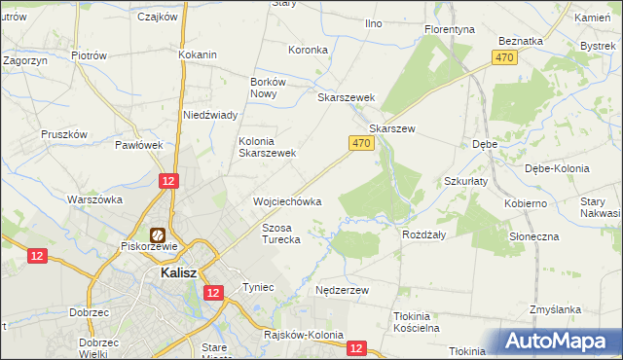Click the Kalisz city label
pos(178,273)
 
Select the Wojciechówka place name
pos(287,201)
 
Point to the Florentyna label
pos(450,29)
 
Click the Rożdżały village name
pos(423,234)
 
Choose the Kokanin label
pos(197,54)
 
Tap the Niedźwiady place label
pos(211,115)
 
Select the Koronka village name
pos(307,50)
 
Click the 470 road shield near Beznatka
pos(503,58)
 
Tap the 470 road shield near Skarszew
pos(361,143)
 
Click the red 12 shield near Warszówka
pos(168,181)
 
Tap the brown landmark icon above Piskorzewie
pos(157,234)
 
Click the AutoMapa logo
pos(562,341)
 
